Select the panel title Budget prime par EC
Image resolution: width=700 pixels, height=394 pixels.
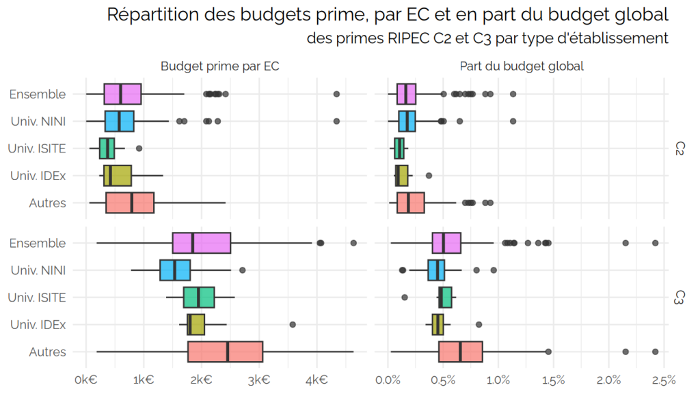click(219, 66)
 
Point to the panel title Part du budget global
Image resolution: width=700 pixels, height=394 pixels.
click(522, 66)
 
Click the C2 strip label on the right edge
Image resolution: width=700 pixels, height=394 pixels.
click(679, 148)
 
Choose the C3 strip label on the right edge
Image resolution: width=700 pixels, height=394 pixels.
click(679, 298)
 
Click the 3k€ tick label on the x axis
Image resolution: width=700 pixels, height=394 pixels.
click(259, 380)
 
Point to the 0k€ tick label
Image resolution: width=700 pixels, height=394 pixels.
click(86, 380)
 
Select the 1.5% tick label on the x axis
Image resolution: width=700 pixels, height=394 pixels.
click(554, 380)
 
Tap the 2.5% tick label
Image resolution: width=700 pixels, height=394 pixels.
click(664, 380)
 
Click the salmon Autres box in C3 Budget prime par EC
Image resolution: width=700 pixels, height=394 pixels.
click(226, 352)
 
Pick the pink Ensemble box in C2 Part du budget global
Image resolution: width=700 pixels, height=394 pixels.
click(406, 94)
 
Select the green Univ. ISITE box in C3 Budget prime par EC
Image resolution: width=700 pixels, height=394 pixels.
click(199, 298)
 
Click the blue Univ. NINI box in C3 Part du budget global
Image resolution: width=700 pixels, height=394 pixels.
click(436, 270)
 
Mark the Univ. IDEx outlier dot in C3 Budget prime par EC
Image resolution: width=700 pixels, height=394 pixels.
click(293, 325)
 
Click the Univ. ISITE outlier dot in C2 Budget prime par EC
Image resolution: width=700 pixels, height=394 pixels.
click(139, 148)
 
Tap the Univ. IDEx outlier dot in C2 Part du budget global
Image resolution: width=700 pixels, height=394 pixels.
click(429, 176)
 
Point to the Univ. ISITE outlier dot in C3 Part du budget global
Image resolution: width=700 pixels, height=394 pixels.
click(405, 298)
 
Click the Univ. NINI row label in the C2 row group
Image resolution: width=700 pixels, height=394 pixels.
click(38, 122)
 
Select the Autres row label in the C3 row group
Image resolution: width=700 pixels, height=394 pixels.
click(47, 352)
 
